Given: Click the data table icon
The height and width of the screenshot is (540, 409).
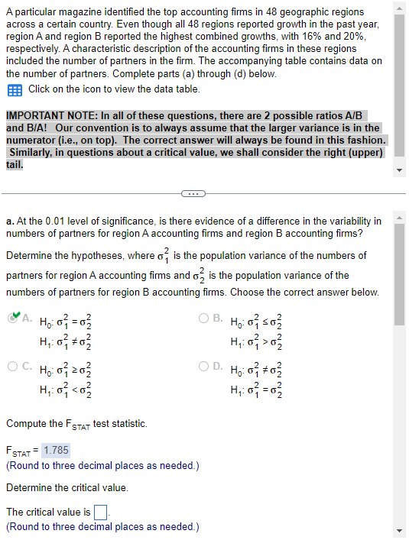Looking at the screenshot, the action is click(x=15, y=89).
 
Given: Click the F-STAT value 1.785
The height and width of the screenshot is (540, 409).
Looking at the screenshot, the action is click(x=56, y=450).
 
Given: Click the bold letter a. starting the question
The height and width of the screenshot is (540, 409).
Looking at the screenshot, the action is click(x=10, y=221).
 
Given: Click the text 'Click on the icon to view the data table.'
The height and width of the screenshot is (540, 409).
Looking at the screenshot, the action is click(x=114, y=89).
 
